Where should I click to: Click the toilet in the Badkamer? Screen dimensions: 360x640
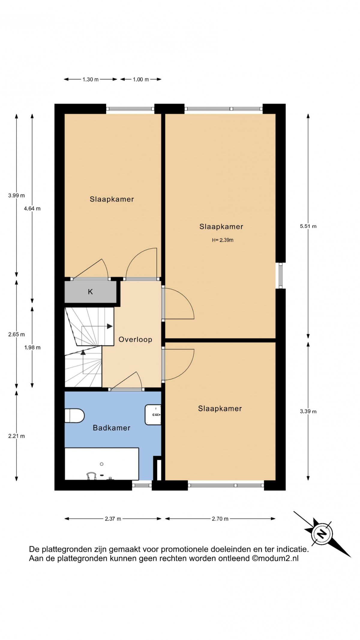(x=74, y=416)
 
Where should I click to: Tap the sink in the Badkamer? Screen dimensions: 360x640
(x=153, y=415)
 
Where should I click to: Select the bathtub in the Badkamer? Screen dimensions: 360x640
(x=102, y=464)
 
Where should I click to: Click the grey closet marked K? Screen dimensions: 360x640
(x=91, y=292)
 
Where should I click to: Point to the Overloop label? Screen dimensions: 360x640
(x=135, y=340)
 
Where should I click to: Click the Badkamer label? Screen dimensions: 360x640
(x=112, y=428)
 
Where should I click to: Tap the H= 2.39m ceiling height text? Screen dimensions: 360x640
(x=223, y=240)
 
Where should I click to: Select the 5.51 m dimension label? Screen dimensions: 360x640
(x=308, y=226)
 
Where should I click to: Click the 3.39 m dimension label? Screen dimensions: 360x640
(x=308, y=411)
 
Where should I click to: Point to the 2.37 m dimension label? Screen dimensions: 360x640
(x=113, y=519)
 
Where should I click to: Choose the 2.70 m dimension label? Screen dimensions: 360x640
(x=220, y=519)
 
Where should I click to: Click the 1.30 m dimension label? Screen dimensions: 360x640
(x=91, y=80)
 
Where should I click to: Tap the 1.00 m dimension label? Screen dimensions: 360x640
(x=141, y=80)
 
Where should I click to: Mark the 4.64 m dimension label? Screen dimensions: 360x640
(x=32, y=209)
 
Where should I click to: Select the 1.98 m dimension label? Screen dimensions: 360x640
(x=32, y=348)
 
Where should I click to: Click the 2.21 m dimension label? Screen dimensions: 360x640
(x=16, y=436)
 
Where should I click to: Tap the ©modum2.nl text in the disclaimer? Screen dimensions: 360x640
(x=275, y=558)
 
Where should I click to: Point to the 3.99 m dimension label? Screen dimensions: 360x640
(x=16, y=195)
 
